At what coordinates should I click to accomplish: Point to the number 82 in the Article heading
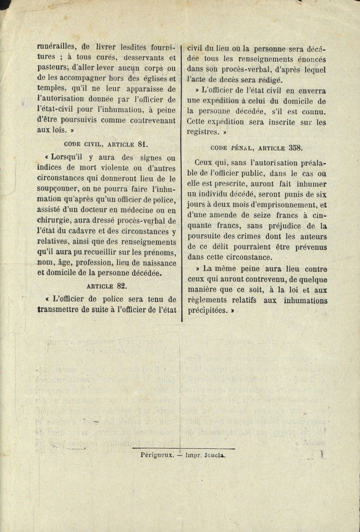(121, 286)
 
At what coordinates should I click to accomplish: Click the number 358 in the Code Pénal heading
(294, 147)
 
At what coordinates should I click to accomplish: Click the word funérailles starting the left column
(57, 47)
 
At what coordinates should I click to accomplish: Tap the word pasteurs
(53, 68)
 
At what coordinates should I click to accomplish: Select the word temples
(52, 89)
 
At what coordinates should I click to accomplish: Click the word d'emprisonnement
(266, 205)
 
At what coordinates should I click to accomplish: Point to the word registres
(202, 132)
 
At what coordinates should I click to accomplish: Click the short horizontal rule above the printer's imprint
(183, 448)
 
